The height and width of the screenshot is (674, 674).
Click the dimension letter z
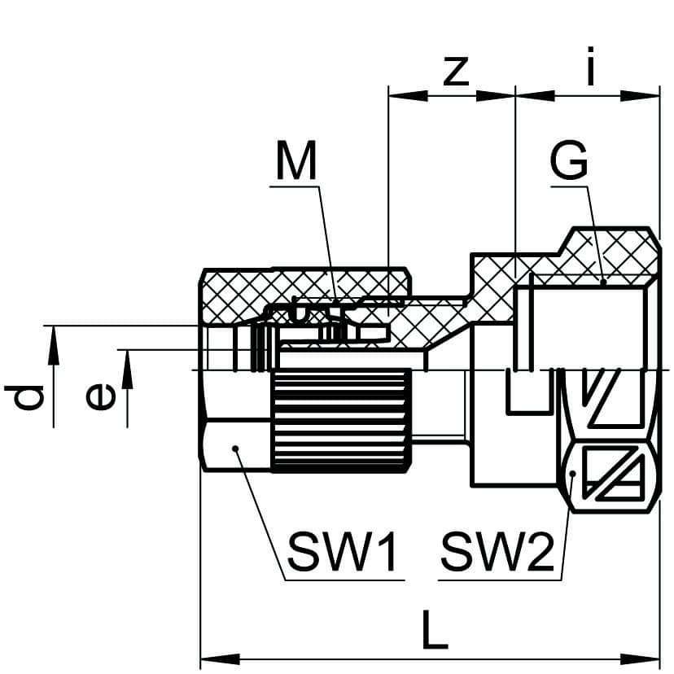coord(456,72)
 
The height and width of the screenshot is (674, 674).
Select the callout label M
coord(295,162)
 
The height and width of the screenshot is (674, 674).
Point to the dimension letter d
coord(27,397)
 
